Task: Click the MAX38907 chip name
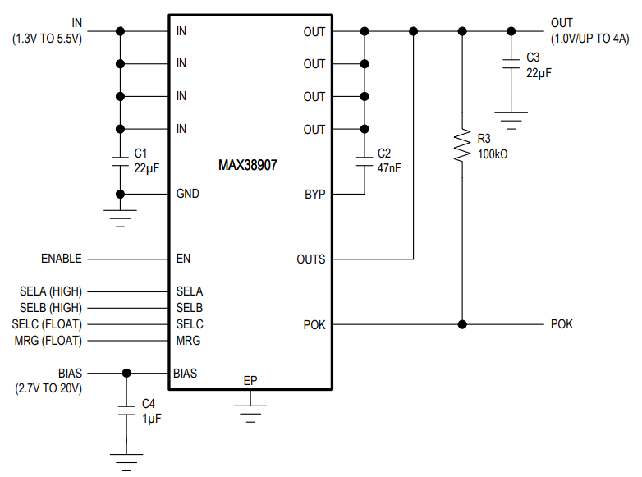247,165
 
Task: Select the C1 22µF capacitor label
146,161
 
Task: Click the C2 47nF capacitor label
388,161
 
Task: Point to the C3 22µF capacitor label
538,65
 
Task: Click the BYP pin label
314,195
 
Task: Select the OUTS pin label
310,259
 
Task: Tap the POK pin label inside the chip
314,324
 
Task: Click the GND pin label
187,195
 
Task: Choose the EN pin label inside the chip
183,259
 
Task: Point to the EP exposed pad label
250,381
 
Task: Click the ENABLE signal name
62,259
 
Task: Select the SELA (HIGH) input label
51,291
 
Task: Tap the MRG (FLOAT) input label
48,340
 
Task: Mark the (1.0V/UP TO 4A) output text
589,39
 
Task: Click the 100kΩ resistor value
493,154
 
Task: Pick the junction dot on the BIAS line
126,373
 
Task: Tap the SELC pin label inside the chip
189,324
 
